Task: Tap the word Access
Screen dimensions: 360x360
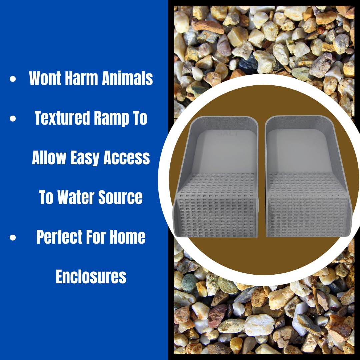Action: pyautogui.click(x=127, y=158)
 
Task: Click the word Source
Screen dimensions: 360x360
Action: pyautogui.click(x=122, y=197)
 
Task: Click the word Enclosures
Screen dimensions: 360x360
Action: pyautogui.click(x=91, y=277)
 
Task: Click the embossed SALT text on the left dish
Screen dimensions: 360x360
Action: pyautogui.click(x=228, y=134)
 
